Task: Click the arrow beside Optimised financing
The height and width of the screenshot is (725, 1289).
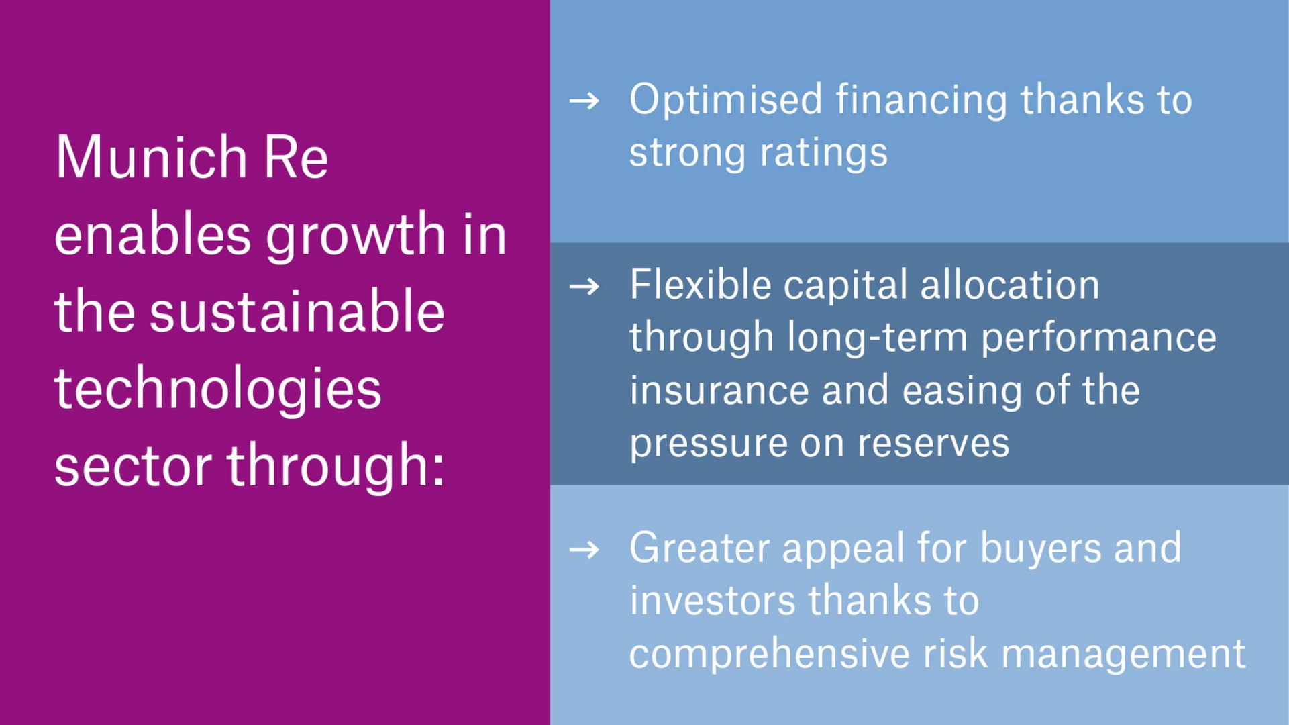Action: pos(584,101)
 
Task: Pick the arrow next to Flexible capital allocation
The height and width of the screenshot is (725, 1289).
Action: pos(584,287)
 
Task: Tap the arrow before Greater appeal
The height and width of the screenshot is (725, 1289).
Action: pos(584,550)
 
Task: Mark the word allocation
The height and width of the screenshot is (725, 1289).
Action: pos(1010,284)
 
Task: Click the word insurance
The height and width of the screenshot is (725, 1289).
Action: pos(719,391)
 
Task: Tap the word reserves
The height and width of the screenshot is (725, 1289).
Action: pos(933,444)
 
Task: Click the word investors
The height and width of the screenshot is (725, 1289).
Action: pos(712,601)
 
